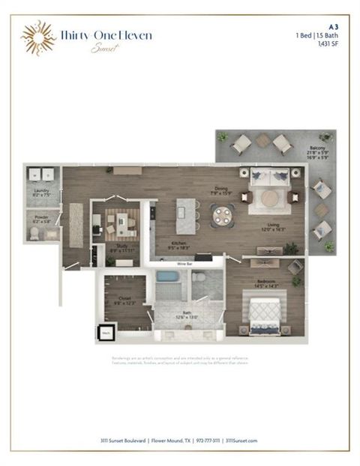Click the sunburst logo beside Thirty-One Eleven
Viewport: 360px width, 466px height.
(37, 37)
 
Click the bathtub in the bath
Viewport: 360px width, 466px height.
(169, 285)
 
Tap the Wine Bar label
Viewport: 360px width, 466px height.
(186, 264)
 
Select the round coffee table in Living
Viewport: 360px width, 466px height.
(269, 199)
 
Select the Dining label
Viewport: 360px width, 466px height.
(220, 190)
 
